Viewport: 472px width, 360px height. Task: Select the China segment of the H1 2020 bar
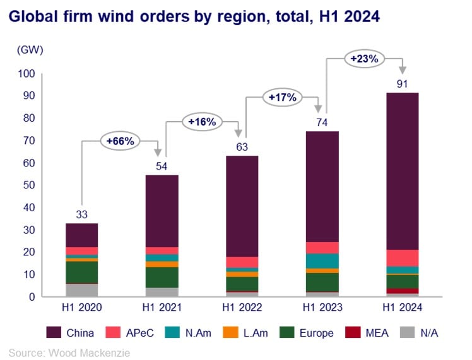(81, 235)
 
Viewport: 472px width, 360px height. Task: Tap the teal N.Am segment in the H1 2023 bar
(322, 261)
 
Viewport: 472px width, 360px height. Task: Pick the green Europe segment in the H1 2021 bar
(162, 277)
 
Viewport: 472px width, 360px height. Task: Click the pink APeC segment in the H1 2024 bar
(402, 258)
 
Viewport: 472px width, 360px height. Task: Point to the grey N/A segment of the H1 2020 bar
(81, 290)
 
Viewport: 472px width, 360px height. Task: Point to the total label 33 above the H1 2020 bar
(81, 214)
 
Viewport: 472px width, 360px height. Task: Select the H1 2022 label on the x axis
(242, 307)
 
